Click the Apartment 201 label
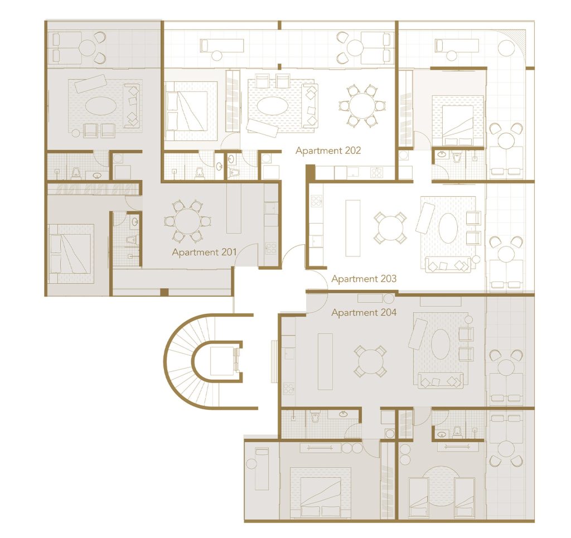[x=204, y=252]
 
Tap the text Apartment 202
[x=328, y=151]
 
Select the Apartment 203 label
[x=364, y=279]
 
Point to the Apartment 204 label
[x=364, y=312]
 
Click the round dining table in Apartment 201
[x=187, y=221]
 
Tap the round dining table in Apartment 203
[x=390, y=228]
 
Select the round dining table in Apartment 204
[x=370, y=361]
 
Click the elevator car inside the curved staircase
[x=222, y=360]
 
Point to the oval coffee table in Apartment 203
[x=448, y=227]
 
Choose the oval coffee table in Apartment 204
[x=441, y=344]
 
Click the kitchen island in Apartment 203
[x=352, y=228]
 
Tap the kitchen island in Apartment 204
[x=325, y=361]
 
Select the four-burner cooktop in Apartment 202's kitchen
[x=376, y=172]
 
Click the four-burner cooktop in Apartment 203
[x=316, y=201]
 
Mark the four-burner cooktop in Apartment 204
[x=289, y=389]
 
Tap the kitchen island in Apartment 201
[x=234, y=208]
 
